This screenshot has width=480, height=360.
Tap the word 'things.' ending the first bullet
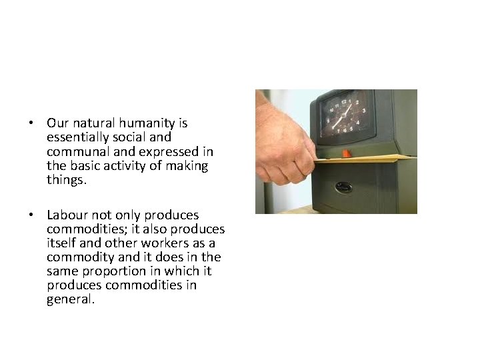pyautogui.click(x=67, y=179)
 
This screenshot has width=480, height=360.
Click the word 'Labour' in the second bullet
pyautogui.click(x=65, y=215)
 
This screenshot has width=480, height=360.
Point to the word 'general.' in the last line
pyautogui.click(x=71, y=299)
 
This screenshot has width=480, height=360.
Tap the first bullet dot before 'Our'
pyautogui.click(x=31, y=124)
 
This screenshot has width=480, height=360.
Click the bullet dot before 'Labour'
pyautogui.click(x=31, y=216)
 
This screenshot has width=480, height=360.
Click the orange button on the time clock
pyautogui.click(x=347, y=153)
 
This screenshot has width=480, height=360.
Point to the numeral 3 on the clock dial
pyautogui.click(x=363, y=111)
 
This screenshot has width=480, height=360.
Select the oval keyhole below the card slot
pyautogui.click(x=344, y=187)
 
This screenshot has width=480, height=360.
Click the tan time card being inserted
pyautogui.click(x=373, y=159)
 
